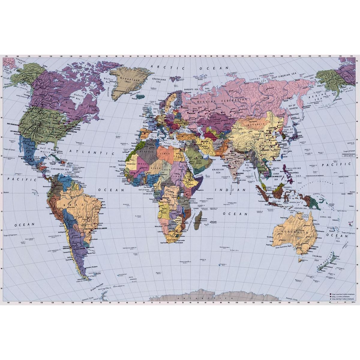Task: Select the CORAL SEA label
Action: coord(325,217)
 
